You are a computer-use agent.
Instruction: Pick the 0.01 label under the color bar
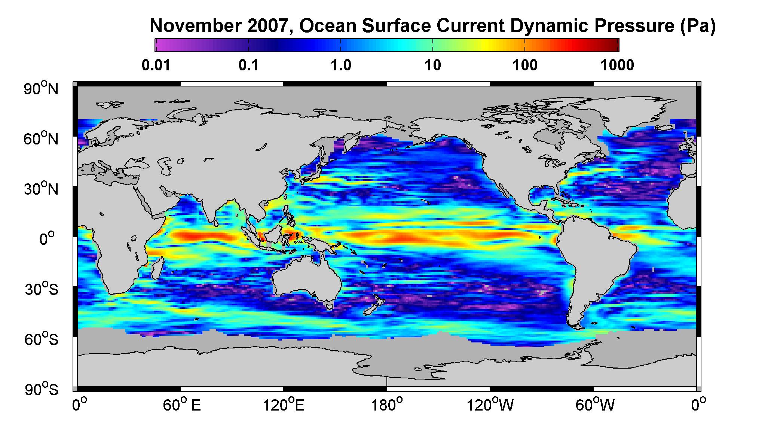click(x=156, y=66)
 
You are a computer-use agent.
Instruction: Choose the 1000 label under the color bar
click(x=617, y=66)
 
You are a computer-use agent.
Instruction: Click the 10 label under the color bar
click(x=433, y=66)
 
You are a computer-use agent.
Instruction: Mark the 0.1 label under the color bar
click(x=248, y=66)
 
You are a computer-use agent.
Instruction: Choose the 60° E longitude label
click(x=181, y=405)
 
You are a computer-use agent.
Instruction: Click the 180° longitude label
click(x=387, y=405)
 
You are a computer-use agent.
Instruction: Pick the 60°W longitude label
click(x=594, y=405)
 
